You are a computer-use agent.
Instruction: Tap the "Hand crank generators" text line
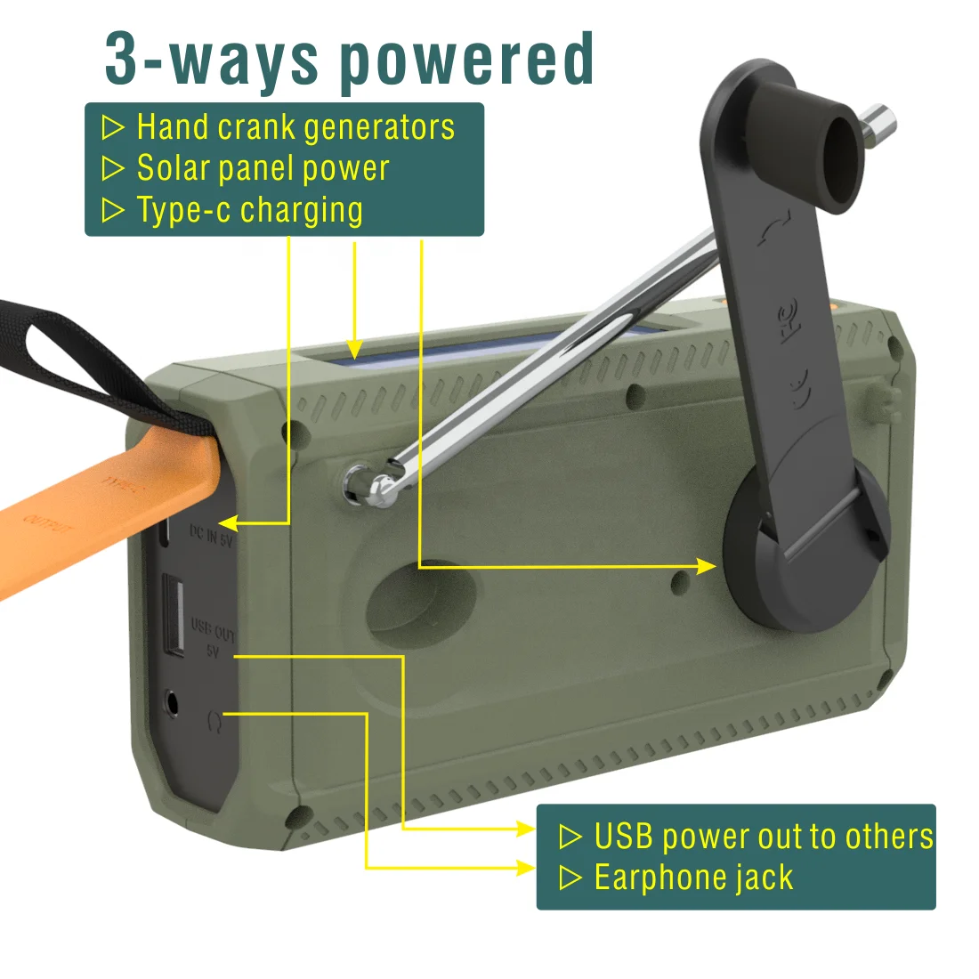pos(295,127)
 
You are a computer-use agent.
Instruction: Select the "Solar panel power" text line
pos(263,168)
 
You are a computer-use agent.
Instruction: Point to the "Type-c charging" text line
pos(249,210)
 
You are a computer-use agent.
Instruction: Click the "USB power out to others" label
pos(764,837)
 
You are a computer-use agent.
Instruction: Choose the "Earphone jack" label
pos(693,878)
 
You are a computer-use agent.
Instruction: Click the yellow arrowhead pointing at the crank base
pos(707,566)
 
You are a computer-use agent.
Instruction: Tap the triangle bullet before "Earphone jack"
pos(570,878)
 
